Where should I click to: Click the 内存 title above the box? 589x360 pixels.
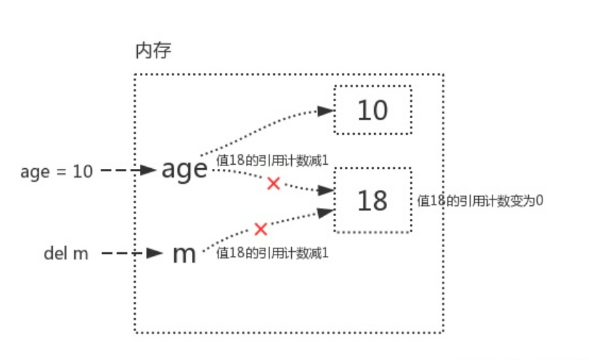tap(153, 52)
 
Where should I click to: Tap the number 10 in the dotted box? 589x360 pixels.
tap(372, 110)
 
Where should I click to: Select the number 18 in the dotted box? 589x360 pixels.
tap(372, 200)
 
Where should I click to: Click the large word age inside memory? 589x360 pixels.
tap(184, 169)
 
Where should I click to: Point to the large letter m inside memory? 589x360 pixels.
tap(184, 254)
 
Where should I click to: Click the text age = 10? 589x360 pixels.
tap(57, 172)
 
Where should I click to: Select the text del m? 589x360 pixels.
tap(66, 254)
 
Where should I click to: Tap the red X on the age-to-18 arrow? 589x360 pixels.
tap(273, 183)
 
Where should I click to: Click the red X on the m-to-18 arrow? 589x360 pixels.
tap(261, 229)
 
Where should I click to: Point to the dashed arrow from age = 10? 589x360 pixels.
tap(128, 171)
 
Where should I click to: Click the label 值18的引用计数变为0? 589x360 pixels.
tap(480, 201)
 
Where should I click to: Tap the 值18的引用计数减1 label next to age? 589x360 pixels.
tap(272, 160)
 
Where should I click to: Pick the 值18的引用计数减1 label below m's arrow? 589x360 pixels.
tap(272, 253)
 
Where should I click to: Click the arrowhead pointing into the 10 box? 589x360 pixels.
tap(327, 111)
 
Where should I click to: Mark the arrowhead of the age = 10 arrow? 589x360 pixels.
tap(150, 171)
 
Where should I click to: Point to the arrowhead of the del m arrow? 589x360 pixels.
tap(155, 254)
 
